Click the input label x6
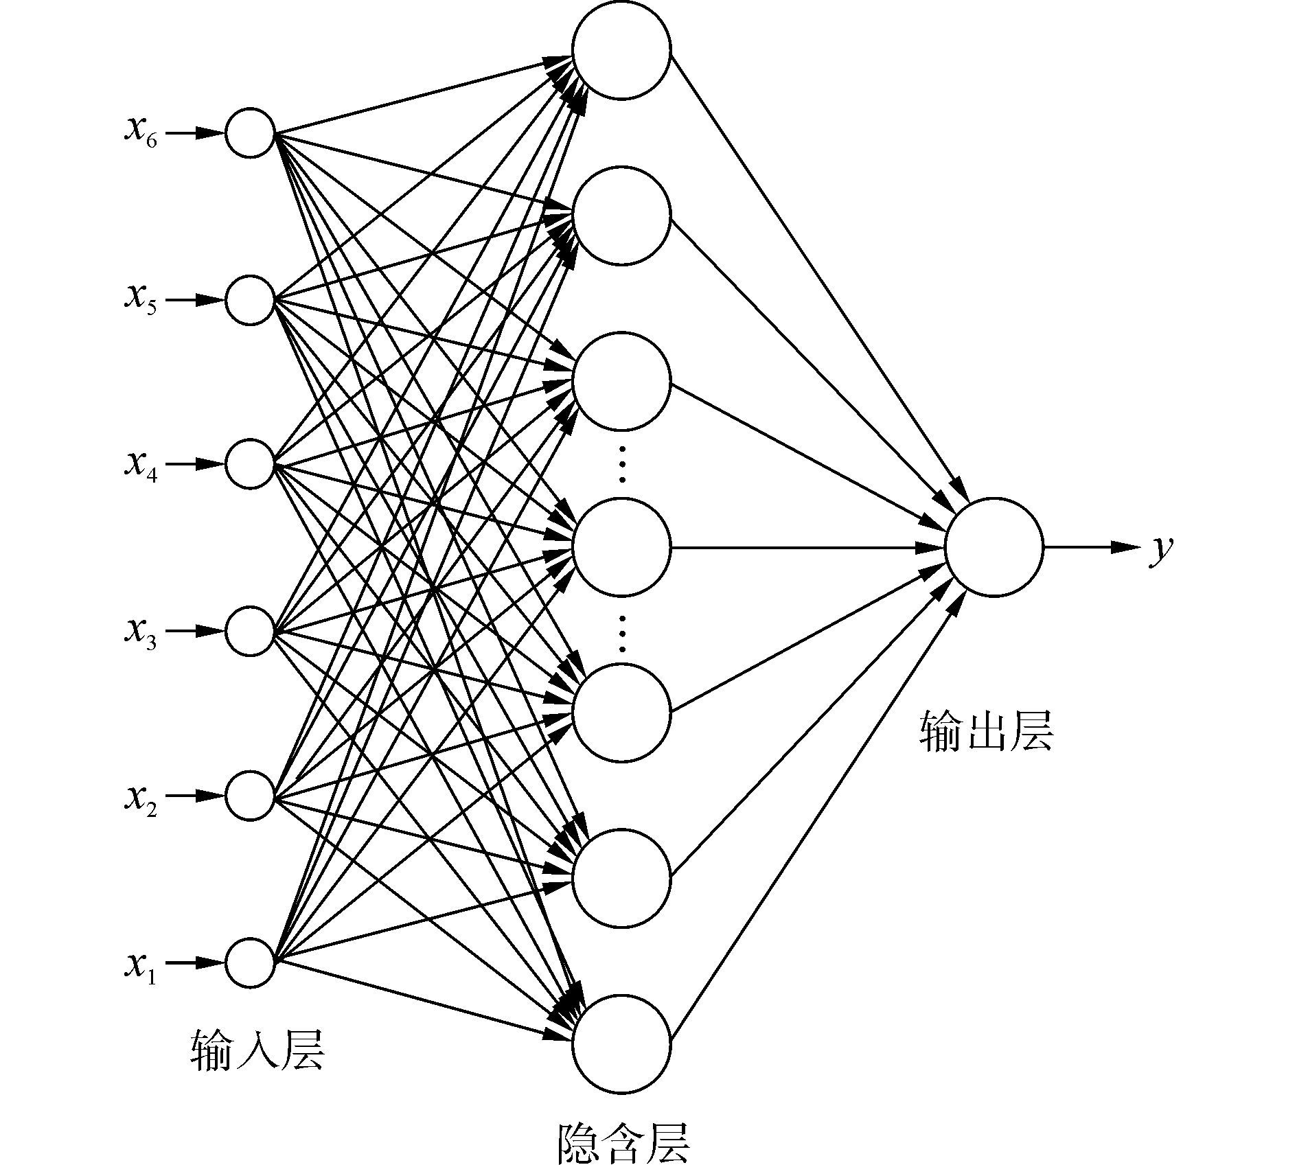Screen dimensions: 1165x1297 click(141, 131)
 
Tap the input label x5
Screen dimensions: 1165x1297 click(141, 299)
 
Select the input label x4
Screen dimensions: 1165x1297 click(141, 465)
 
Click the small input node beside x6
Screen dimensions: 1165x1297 click(251, 133)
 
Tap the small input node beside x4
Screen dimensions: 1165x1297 click(251, 465)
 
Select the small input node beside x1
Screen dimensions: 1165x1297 click(251, 963)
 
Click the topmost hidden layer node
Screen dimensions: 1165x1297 click(621, 50)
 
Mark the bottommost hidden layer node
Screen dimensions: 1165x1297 click(621, 1045)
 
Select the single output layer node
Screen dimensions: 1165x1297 click(994, 547)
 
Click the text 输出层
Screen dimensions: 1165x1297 click(986, 732)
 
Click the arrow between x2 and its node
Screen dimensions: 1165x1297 click(196, 796)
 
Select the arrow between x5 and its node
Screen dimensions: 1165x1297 click(196, 300)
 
